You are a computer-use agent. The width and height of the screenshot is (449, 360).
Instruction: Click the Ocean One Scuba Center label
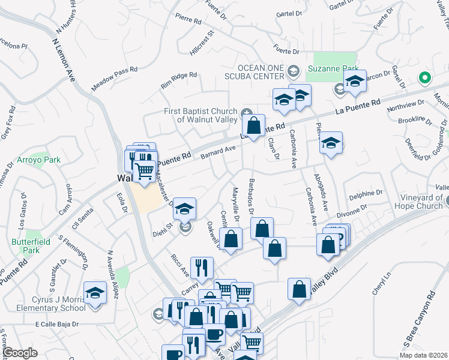pyautogui.click(x=261, y=71)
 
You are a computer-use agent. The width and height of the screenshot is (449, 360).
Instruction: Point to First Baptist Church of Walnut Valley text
pyautogui.click(x=201, y=115)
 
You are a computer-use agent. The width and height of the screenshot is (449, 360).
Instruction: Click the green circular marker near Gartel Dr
pyautogui.click(x=424, y=78)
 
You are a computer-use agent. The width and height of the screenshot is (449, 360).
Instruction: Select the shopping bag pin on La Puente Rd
pyautogui.click(x=254, y=126)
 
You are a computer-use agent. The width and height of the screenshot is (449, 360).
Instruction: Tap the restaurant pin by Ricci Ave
pyautogui.click(x=202, y=268)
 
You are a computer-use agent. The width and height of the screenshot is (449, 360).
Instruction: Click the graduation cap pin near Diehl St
pyautogui.click(x=185, y=209)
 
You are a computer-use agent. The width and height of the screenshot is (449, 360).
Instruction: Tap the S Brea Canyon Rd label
pyautogui.click(x=418, y=318)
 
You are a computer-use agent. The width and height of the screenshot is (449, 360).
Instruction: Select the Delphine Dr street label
pyautogui.click(x=366, y=193)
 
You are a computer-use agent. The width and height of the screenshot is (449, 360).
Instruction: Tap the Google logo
pyautogui.click(x=20, y=353)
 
